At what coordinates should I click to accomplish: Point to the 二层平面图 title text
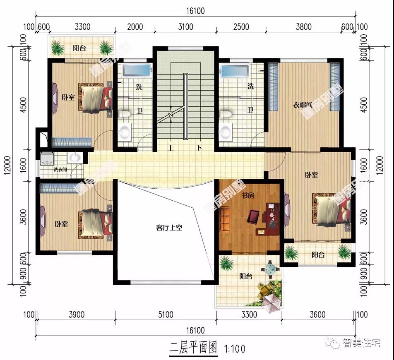click(193, 348)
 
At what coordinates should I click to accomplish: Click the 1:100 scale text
click(235, 348)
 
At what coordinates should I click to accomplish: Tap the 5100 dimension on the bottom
click(165, 315)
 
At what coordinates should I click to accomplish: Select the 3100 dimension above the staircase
click(185, 27)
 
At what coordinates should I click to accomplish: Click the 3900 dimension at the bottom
click(76, 315)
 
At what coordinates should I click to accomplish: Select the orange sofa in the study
click(226, 219)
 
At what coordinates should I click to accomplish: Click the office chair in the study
click(253, 216)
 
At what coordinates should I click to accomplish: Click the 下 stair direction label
click(199, 148)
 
